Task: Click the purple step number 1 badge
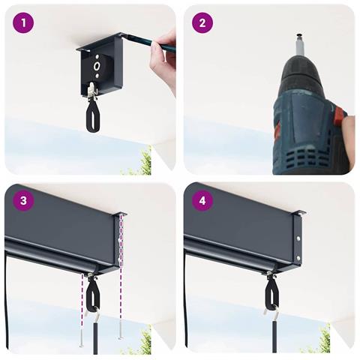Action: (23, 23)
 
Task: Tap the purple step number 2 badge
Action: (202, 23)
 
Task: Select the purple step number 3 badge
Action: (23, 200)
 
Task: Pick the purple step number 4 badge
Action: (202, 200)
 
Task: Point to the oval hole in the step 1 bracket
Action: (97, 67)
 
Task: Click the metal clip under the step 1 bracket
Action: (92, 91)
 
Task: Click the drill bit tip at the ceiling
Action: (299, 34)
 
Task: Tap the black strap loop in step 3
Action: (92, 294)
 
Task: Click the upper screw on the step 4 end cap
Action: (298, 238)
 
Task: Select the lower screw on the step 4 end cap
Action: (298, 257)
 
